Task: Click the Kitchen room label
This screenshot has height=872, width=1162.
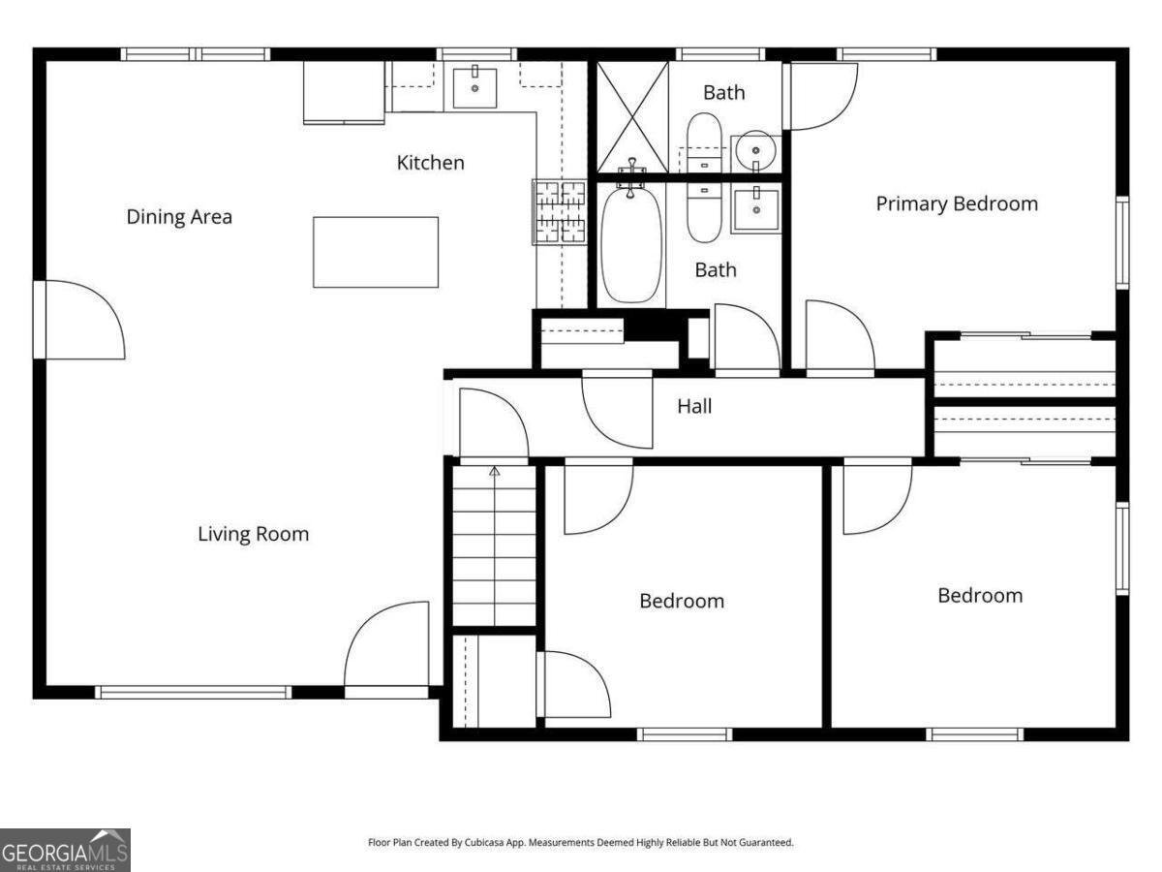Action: (x=430, y=163)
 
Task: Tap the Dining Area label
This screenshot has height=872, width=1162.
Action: (x=179, y=217)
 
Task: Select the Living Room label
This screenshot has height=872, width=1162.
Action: (x=254, y=534)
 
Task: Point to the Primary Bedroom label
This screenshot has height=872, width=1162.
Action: (x=957, y=204)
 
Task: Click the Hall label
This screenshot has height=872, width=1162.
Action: (x=694, y=406)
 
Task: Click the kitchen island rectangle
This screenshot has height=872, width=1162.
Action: (x=376, y=252)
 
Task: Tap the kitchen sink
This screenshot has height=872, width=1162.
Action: (x=474, y=88)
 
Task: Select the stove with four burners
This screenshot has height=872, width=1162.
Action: (x=560, y=212)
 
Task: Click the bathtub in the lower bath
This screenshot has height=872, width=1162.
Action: (x=631, y=244)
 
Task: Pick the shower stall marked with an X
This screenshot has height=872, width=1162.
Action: (x=632, y=117)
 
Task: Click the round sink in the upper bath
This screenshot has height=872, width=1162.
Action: (x=756, y=151)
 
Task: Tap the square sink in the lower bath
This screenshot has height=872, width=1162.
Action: (x=756, y=209)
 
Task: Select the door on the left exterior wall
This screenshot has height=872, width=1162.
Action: (x=79, y=320)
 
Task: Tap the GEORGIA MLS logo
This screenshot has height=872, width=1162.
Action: (x=65, y=851)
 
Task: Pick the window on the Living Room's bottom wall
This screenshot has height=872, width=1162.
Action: (x=194, y=692)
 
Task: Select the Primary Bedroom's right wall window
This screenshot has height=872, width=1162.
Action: (x=1122, y=242)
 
